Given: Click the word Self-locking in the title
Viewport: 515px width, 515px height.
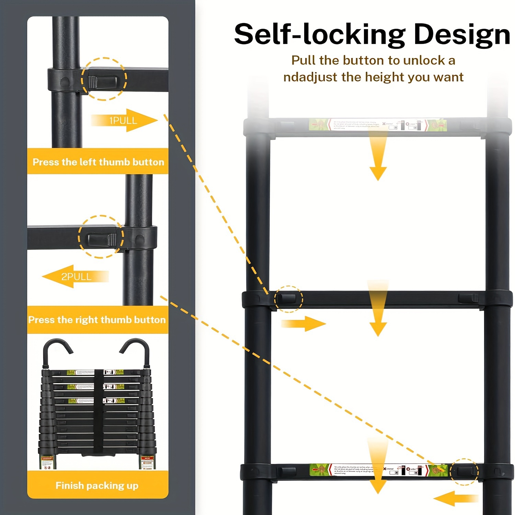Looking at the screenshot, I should tap(319, 34).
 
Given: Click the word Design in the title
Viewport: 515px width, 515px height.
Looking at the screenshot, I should tap(462, 35).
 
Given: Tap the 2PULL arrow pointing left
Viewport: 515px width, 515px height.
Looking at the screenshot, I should tap(75, 276).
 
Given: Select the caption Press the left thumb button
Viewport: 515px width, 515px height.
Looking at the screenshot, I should tap(98, 162).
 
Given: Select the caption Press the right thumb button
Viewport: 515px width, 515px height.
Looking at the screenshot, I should tap(97, 320).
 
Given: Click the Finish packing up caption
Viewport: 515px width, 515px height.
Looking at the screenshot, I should tap(97, 485).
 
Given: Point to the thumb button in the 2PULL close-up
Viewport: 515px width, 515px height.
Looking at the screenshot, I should tap(102, 239).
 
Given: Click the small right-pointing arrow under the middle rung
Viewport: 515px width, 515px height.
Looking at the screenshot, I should tap(304, 323).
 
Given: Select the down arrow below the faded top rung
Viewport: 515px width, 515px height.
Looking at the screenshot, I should tap(378, 161).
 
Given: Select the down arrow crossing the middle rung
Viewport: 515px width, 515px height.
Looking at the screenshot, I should tap(378, 309).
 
